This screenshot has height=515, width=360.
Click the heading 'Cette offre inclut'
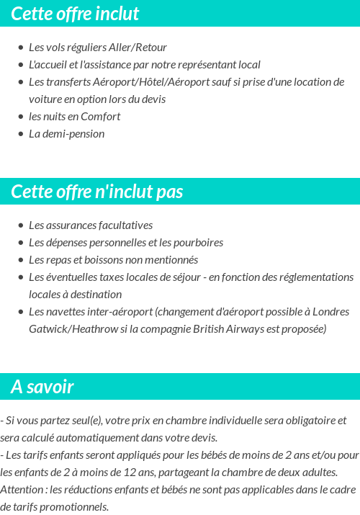point(75,14)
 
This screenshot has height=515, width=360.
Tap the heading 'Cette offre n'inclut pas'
point(97,192)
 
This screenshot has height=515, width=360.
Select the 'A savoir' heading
point(42,387)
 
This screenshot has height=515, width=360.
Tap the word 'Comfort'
point(100,116)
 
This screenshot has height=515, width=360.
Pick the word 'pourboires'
point(198,242)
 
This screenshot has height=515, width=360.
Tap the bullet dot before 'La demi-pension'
point(21,134)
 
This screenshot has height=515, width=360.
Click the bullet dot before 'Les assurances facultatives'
point(21,225)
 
